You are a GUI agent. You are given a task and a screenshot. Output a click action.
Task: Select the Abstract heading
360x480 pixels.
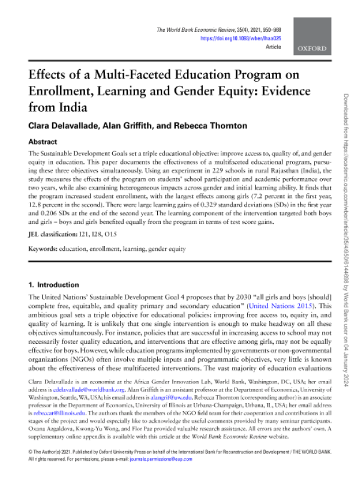pos(44,143)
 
